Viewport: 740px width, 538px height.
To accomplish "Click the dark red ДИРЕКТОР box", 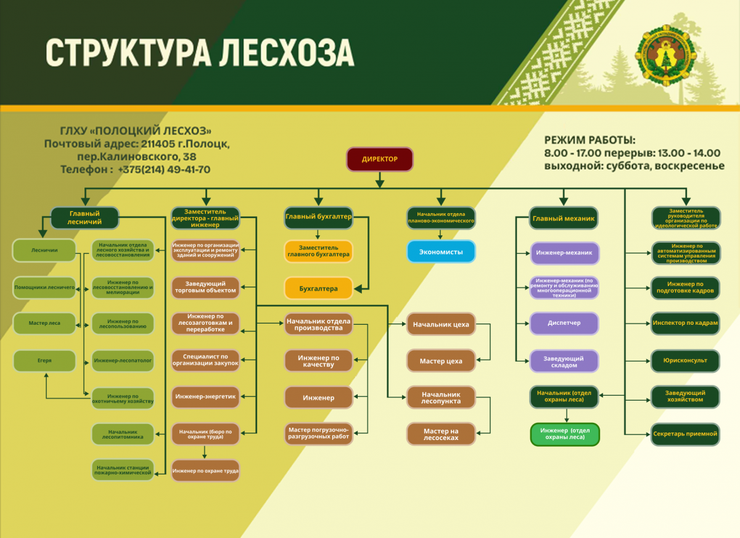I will click(x=379, y=159).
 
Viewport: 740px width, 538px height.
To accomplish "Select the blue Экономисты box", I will click(x=441, y=252).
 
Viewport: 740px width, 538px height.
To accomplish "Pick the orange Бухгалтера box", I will click(x=318, y=288).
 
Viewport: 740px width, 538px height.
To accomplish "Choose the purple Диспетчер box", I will click(x=564, y=323).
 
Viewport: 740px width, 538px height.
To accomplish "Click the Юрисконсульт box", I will click(x=685, y=361).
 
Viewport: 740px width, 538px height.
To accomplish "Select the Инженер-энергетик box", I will click(x=205, y=396).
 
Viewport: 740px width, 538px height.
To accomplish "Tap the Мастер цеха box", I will click(x=441, y=361).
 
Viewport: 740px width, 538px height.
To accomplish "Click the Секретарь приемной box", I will click(x=685, y=434).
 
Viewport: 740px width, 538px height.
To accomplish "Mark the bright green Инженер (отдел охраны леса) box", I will click(x=565, y=434).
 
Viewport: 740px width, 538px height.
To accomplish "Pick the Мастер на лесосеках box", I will click(x=441, y=434).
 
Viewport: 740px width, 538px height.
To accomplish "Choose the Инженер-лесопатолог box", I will click(x=123, y=360).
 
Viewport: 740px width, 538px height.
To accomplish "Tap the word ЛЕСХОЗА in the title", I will click(x=284, y=53).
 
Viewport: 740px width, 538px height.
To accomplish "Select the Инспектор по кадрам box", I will click(x=685, y=324).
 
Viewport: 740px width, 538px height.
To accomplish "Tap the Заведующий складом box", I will click(x=564, y=361).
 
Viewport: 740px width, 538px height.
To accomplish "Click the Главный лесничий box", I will click(x=84, y=218).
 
